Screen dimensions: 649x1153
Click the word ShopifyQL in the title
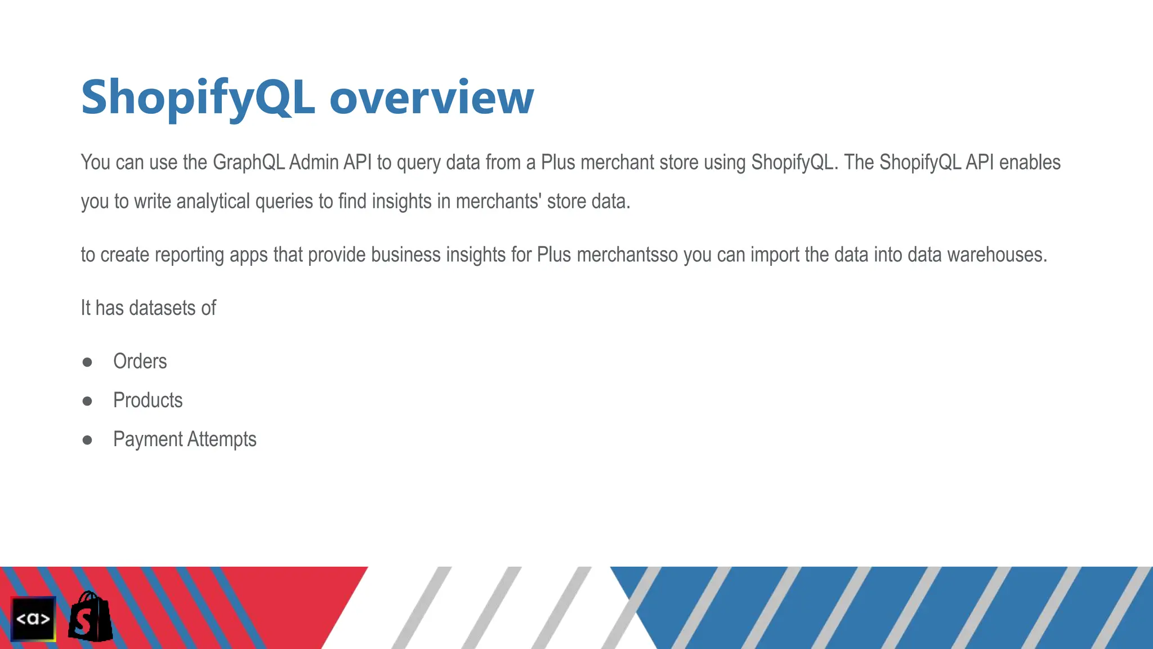pyautogui.click(x=197, y=98)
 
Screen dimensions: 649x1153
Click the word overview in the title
pyautogui.click(x=431, y=98)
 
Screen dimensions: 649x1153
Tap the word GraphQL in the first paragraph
pyautogui.click(x=248, y=162)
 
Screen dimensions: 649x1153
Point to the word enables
pyautogui.click(x=1030, y=162)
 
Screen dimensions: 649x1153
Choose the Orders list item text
pyautogui.click(x=140, y=361)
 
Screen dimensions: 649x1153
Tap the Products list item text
pyautogui.click(x=148, y=400)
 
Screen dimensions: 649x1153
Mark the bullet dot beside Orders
pyautogui.click(x=87, y=362)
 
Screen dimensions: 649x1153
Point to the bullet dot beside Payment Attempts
pyautogui.click(x=87, y=440)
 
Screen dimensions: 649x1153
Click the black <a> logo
pyautogui.click(x=33, y=619)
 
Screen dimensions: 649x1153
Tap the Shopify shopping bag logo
pyautogui.click(x=90, y=617)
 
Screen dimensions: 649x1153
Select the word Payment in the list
pyautogui.click(x=148, y=439)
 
